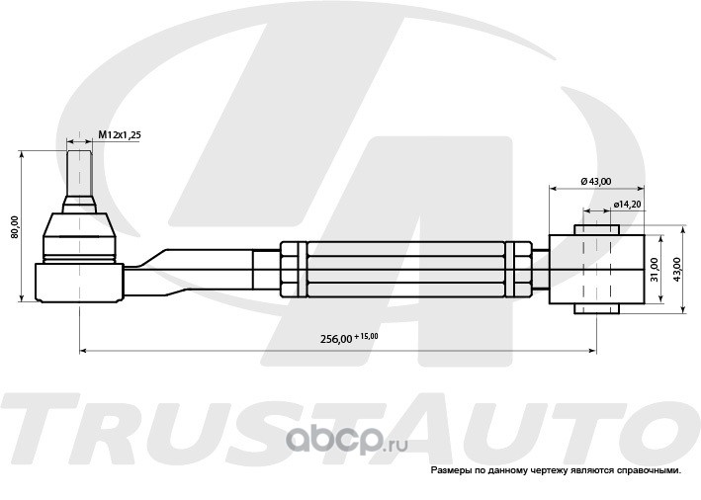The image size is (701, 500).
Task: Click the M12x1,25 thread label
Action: point(120,135)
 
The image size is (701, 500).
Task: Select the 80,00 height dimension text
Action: point(15,227)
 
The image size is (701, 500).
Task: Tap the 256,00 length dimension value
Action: point(336,339)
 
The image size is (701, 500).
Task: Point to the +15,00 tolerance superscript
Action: point(366,336)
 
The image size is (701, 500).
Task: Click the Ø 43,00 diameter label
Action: point(596,182)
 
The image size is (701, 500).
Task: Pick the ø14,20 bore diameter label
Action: point(628,205)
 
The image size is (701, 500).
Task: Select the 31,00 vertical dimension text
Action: point(655,270)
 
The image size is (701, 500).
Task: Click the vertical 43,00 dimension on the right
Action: point(676,270)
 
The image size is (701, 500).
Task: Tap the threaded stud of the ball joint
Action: point(79,173)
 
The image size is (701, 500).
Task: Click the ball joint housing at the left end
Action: point(79,283)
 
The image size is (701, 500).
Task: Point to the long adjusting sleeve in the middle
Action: point(406,270)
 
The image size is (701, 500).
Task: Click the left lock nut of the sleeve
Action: point(294,270)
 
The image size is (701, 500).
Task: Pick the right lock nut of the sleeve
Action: point(519,270)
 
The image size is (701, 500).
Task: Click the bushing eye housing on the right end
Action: point(597,270)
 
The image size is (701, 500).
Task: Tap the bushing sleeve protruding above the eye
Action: point(597,229)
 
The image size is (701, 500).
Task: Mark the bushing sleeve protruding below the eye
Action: point(597,308)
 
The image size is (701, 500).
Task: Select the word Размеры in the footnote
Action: point(446,470)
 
